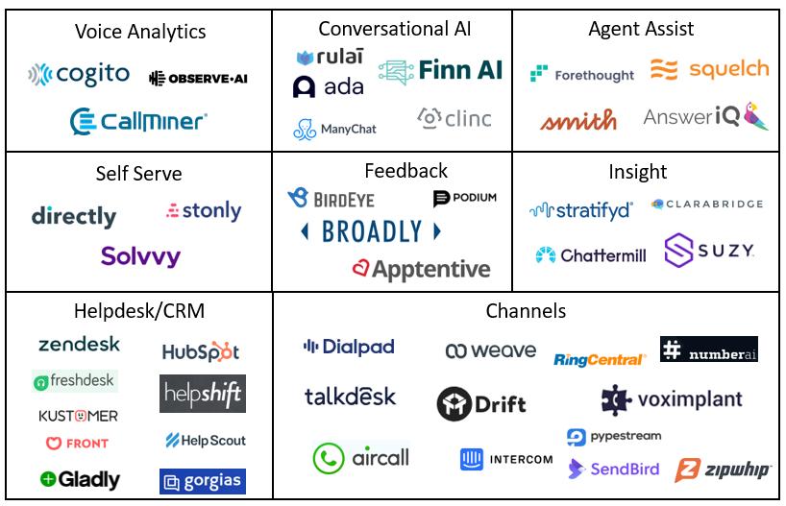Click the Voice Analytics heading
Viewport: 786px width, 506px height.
click(x=140, y=32)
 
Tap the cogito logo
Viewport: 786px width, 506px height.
click(x=79, y=75)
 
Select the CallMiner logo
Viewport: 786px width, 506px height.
click(x=138, y=121)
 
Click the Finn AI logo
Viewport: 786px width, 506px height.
click(x=440, y=71)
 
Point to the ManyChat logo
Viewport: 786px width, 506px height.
click(x=334, y=130)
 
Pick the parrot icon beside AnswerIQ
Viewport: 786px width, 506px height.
click(x=755, y=116)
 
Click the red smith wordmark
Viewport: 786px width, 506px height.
click(x=578, y=120)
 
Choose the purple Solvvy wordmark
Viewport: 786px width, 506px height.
click(x=140, y=256)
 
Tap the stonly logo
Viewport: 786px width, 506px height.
click(x=204, y=211)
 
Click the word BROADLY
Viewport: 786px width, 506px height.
click(x=372, y=231)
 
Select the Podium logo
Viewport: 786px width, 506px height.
click(x=465, y=198)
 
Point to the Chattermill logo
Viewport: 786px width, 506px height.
click(x=591, y=255)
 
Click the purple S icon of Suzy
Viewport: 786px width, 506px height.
click(x=678, y=250)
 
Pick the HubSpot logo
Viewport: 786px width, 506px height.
click(x=201, y=351)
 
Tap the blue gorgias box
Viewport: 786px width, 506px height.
click(x=203, y=481)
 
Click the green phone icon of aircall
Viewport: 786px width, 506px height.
click(x=329, y=458)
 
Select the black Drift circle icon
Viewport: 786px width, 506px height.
click(x=454, y=404)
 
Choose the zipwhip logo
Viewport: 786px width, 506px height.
click(x=723, y=470)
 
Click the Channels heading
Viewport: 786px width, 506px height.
click(x=526, y=311)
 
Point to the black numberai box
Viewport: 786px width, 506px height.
click(x=709, y=349)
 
